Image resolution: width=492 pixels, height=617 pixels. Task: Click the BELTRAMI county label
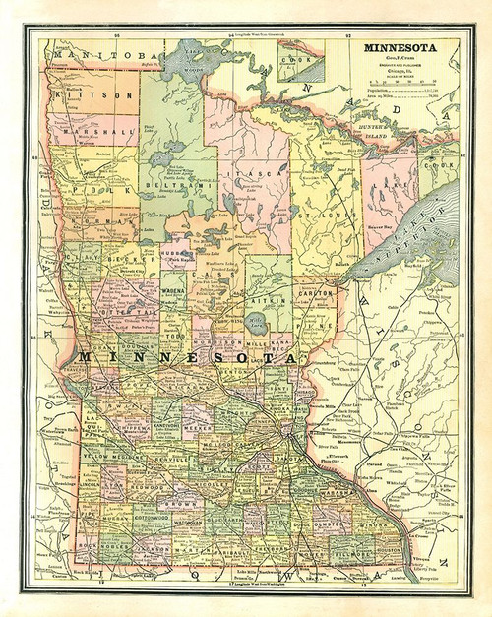coord(163,183)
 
